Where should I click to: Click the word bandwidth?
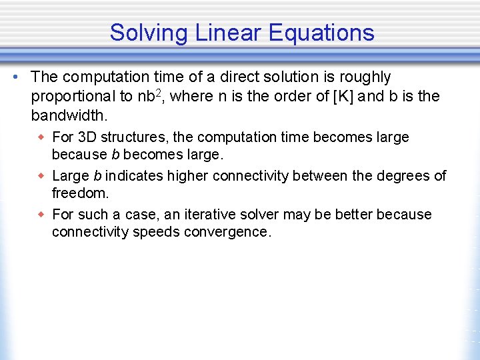[x=67, y=115]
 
